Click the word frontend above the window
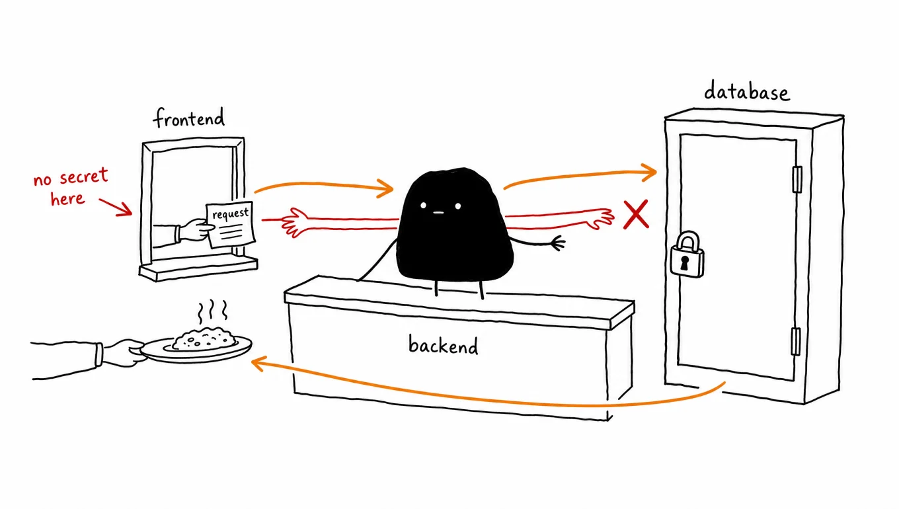[189, 118]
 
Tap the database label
[747, 91]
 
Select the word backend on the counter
[444, 345]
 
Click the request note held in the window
[230, 224]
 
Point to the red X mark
[636, 214]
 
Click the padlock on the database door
[687, 255]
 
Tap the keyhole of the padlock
[684, 263]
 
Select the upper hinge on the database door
[797, 179]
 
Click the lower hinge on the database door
[795, 341]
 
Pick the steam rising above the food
[213, 311]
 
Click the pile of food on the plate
[204, 339]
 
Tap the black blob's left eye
[424, 206]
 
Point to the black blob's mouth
[439, 212]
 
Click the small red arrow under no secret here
[116, 207]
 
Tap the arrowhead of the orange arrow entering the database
[648, 173]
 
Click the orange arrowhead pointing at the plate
[258, 364]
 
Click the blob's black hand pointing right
[559, 243]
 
